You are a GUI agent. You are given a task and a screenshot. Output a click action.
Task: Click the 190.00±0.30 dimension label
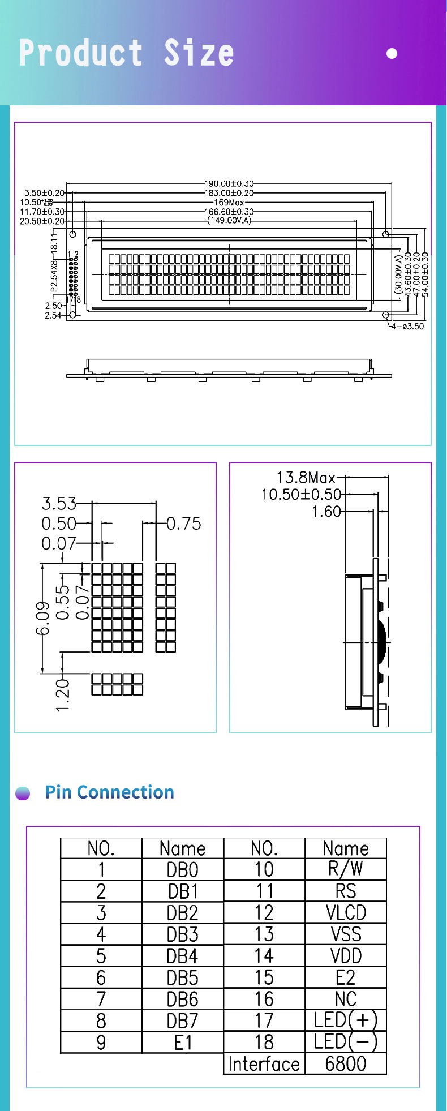tap(229, 183)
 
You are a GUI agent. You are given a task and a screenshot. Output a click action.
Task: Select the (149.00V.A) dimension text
tap(229, 221)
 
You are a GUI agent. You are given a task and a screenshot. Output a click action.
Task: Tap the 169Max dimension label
tap(229, 202)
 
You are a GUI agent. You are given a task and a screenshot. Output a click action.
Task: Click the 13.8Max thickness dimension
tap(306, 478)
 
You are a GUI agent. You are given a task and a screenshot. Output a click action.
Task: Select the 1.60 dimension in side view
tap(326, 512)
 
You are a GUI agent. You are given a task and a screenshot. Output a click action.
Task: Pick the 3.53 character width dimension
tap(59, 503)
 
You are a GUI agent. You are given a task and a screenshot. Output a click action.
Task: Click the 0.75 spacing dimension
tap(184, 524)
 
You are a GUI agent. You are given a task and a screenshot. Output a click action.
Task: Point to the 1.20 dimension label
tap(63, 695)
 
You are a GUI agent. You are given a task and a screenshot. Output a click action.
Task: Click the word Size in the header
tap(199, 53)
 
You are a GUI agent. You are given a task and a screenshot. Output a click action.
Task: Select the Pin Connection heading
tap(109, 792)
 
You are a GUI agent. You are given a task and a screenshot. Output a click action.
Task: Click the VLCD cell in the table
tap(346, 913)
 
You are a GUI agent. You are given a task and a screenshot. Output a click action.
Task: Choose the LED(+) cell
tap(346, 1020)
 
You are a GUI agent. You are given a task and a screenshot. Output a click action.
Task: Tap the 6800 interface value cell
tap(346, 1064)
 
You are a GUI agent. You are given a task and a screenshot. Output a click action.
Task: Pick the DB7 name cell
tap(182, 1020)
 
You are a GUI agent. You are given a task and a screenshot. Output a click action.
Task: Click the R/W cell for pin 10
tap(346, 869)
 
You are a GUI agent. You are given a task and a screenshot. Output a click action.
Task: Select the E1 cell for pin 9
tap(182, 1043)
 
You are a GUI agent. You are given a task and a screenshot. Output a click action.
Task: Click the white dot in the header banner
tap(392, 54)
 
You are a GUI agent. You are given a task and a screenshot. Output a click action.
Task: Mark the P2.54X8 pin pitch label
tap(54, 276)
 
